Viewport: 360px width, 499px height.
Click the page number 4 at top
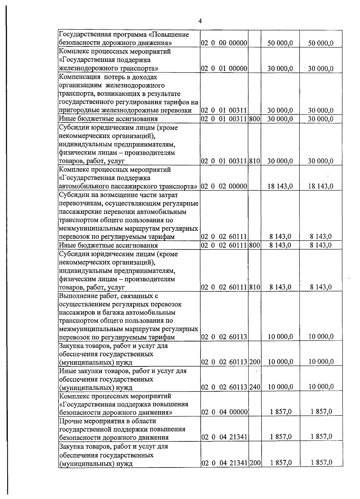(200, 21)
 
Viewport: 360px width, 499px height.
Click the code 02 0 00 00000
(224, 43)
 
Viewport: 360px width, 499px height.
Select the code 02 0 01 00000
(224, 68)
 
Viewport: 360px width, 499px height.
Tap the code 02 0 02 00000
(224, 186)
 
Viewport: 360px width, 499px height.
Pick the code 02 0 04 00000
(224, 412)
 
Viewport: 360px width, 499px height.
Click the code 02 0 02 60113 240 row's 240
(254, 387)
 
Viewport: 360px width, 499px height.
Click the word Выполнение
(78, 296)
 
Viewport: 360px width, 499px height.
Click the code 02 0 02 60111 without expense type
(224, 237)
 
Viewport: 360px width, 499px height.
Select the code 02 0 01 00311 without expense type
(224, 110)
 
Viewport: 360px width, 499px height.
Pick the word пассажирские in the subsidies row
(78, 212)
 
